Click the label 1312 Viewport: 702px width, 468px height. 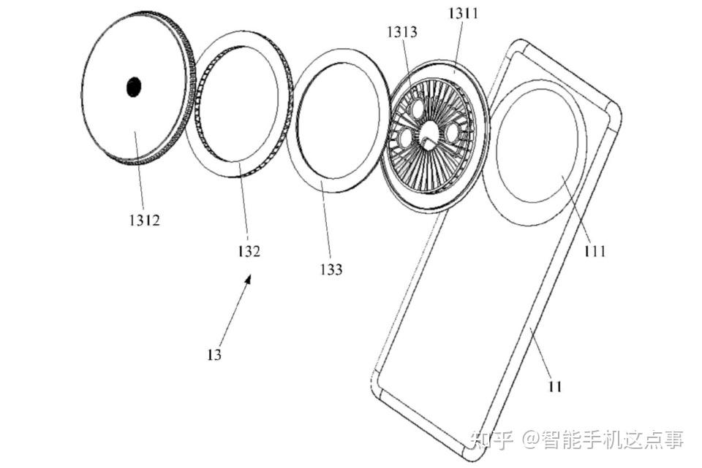point(145,220)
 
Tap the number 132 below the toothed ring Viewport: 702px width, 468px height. point(249,251)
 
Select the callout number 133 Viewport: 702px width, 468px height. point(331,269)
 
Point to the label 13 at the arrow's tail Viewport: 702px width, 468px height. point(214,355)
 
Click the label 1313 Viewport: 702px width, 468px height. point(402,31)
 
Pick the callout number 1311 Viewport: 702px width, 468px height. point(464,13)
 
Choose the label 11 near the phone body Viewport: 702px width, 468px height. point(555,386)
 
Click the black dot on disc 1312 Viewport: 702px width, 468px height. point(133,87)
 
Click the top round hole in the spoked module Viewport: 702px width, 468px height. point(418,109)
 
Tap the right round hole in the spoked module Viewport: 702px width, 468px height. point(451,132)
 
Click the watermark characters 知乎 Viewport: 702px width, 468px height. point(492,440)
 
